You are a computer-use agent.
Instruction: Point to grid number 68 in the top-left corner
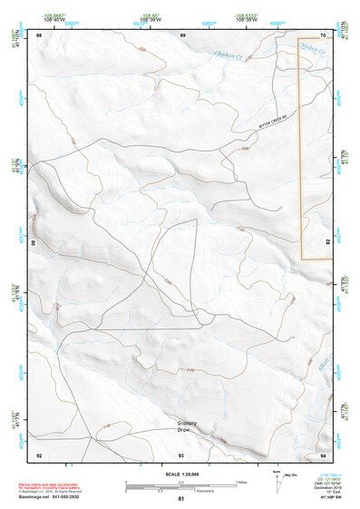(39, 34)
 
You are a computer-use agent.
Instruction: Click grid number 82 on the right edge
(327, 243)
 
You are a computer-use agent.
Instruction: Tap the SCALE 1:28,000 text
(180, 473)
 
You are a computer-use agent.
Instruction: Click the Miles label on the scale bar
(241, 482)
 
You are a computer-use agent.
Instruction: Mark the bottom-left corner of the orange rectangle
(302, 259)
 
